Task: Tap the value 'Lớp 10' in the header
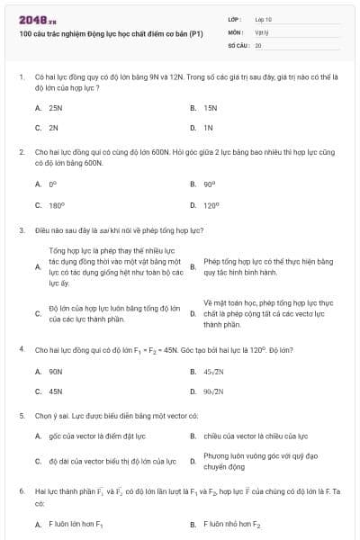click(263, 18)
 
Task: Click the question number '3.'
click(22, 230)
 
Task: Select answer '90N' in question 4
click(55, 371)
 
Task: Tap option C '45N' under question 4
click(55, 391)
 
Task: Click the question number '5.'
click(22, 417)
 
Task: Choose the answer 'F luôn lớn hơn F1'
click(76, 523)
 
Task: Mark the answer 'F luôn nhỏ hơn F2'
click(232, 523)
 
